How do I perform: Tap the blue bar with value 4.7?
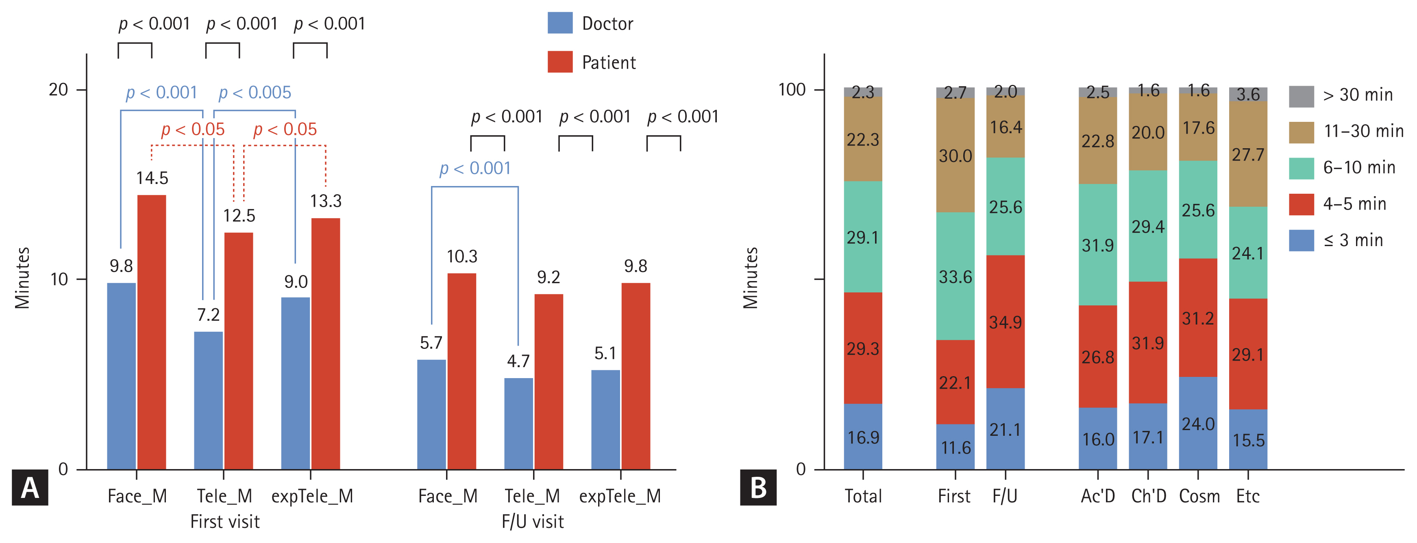(518, 423)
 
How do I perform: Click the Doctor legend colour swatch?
(560, 23)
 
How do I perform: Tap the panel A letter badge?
(30, 487)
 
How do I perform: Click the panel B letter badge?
(758, 487)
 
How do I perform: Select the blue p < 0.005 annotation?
(255, 92)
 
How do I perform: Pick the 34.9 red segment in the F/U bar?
(1005, 322)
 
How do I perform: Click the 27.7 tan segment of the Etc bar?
(1247, 154)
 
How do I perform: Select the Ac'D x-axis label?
(1097, 496)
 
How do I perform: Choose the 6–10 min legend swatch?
(1301, 168)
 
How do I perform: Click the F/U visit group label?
(533, 521)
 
